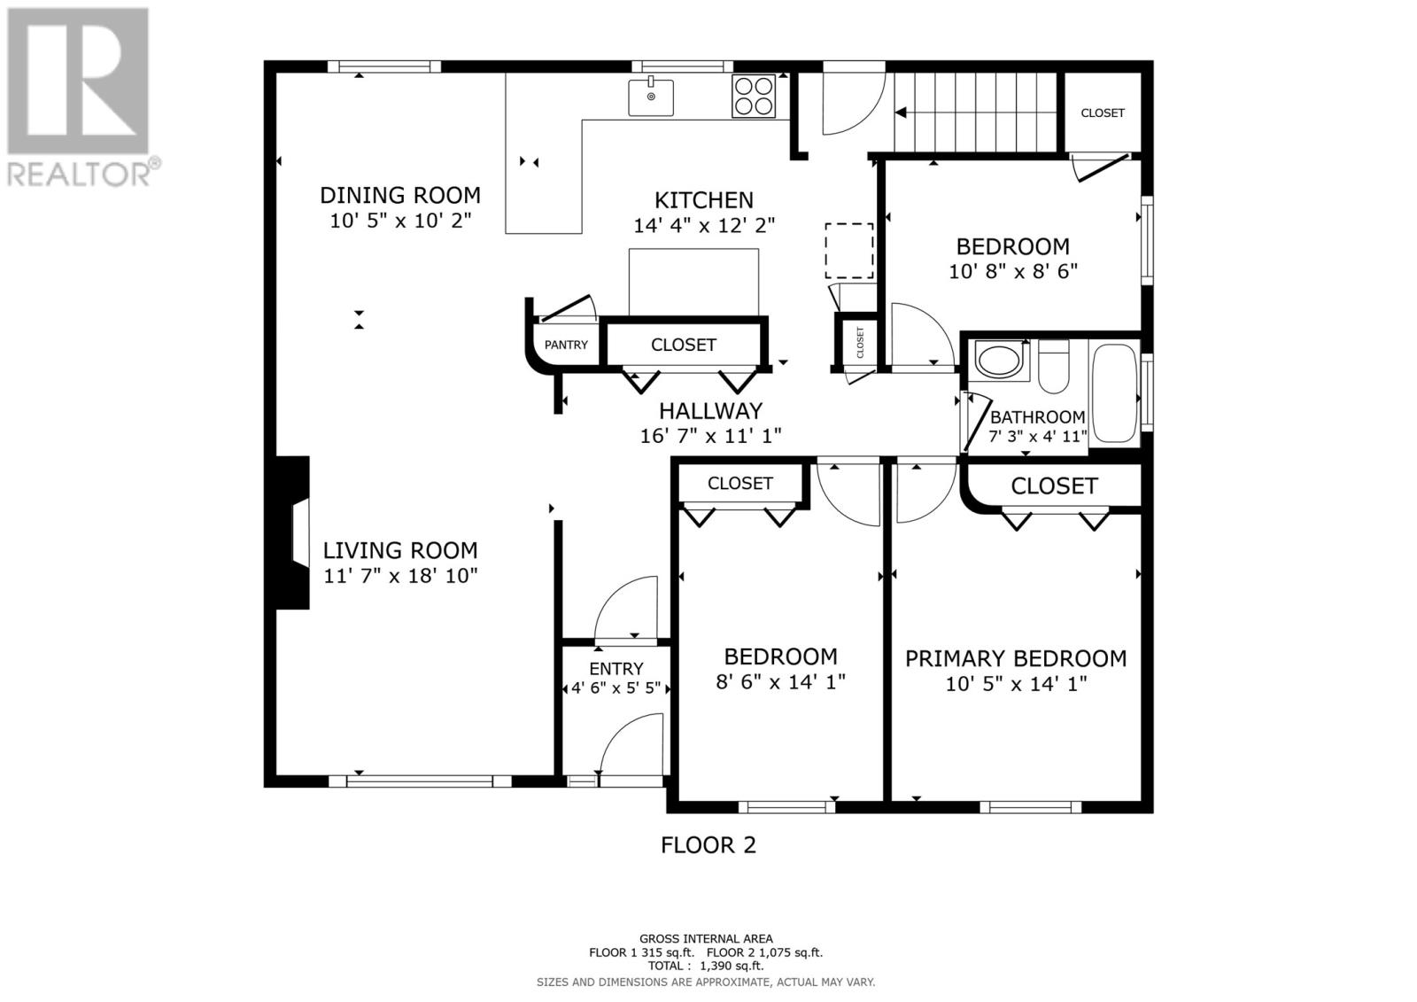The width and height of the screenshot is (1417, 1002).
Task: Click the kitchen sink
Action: click(x=650, y=97)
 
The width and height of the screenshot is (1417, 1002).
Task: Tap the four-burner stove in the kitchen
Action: click(x=754, y=97)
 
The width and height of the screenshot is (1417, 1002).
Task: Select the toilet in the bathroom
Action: click(x=1053, y=366)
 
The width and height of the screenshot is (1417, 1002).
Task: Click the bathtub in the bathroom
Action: click(x=1114, y=393)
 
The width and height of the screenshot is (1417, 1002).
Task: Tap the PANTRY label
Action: click(x=566, y=345)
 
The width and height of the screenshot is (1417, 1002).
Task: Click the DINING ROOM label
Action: click(x=399, y=195)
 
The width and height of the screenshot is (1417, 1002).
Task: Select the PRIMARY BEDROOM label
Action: click(x=1016, y=659)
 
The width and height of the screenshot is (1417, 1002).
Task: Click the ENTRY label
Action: click(x=616, y=669)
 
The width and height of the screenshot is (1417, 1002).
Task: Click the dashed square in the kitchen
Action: click(x=849, y=251)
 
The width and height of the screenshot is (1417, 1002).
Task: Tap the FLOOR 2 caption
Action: click(x=708, y=845)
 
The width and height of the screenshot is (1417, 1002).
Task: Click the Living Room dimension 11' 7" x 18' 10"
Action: click(x=400, y=576)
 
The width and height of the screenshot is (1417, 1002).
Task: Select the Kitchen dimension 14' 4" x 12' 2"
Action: click(x=704, y=225)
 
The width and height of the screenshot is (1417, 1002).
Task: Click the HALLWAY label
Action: click(x=710, y=411)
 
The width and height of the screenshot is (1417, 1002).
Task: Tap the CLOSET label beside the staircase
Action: click(x=1103, y=113)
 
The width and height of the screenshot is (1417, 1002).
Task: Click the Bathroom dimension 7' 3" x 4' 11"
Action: click(x=1038, y=436)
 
